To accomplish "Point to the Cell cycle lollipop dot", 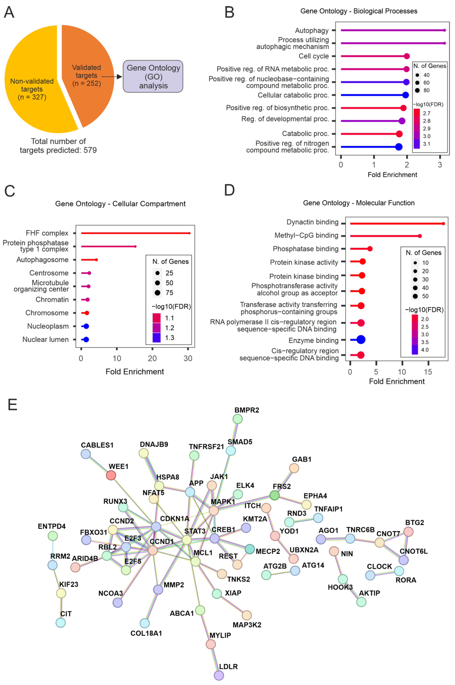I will (x=407, y=56).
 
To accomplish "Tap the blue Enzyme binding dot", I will (x=361, y=339).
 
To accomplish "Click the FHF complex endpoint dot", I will (x=189, y=233).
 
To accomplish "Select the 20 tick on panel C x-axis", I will (x=152, y=358).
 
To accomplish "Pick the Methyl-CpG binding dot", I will (x=420, y=236).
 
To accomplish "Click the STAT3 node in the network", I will (x=187, y=540).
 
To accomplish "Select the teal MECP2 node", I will (x=250, y=549).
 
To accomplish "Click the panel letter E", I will (x=12, y=405).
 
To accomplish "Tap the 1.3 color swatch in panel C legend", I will (x=156, y=337).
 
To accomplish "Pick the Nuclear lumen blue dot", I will (x=86, y=339).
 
